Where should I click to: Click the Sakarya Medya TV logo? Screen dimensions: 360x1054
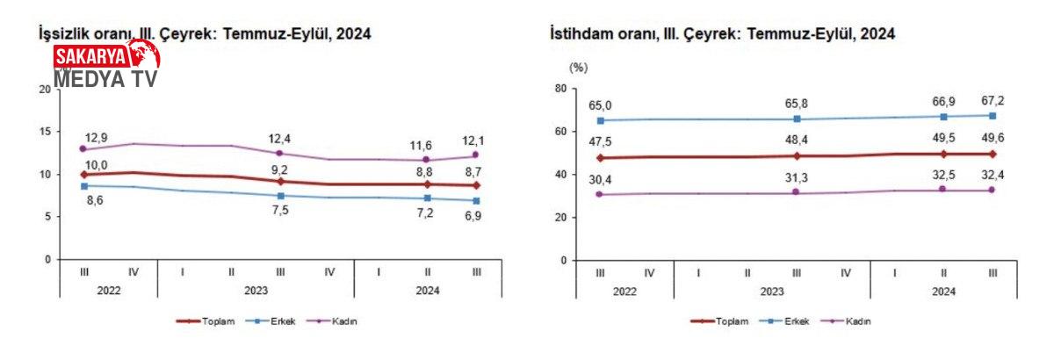click(105, 65)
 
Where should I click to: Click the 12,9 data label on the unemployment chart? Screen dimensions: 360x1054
click(97, 139)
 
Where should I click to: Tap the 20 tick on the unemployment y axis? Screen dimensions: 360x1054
click(45, 89)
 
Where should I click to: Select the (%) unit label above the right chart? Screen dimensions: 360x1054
click(578, 67)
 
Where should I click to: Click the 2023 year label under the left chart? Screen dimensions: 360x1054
click(256, 290)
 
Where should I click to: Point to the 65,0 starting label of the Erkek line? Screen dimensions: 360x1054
click(602, 104)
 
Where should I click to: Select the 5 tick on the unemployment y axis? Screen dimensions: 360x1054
click(47, 217)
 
